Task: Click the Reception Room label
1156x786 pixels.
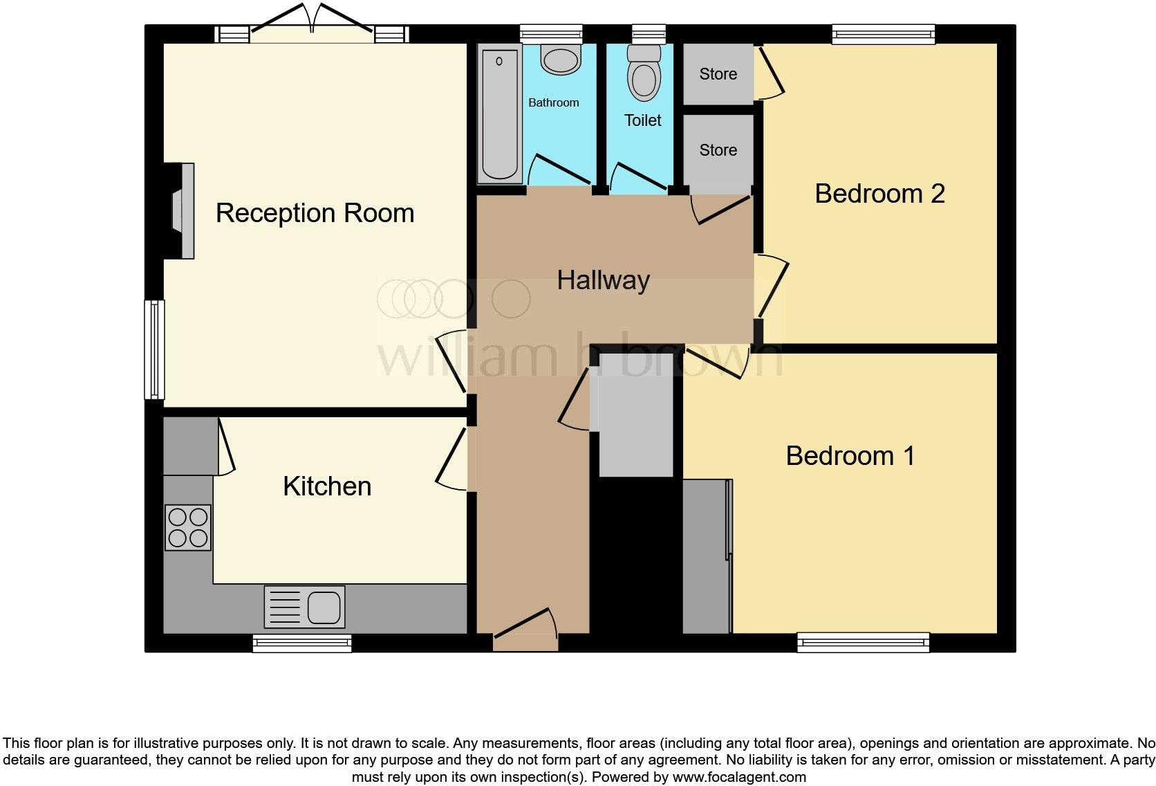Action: click(x=315, y=213)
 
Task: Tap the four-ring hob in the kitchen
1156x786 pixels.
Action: click(x=187, y=528)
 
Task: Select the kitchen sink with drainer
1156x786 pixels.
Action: click(x=304, y=607)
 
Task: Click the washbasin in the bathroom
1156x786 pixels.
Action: click(x=560, y=60)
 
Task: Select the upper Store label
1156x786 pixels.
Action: click(x=718, y=74)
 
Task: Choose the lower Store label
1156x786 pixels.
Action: click(x=718, y=150)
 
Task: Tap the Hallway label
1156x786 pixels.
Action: click(x=603, y=280)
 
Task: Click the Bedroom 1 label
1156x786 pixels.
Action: click(x=850, y=456)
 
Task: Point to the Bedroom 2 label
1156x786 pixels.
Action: click(x=879, y=194)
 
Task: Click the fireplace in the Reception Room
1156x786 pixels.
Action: click(x=181, y=211)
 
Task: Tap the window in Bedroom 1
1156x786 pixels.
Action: click(x=863, y=643)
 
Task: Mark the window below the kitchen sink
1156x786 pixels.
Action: click(x=302, y=643)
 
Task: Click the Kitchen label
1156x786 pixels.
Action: click(x=327, y=486)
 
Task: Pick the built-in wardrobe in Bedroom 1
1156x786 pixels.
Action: click(x=706, y=557)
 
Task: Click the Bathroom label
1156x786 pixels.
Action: click(x=553, y=102)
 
